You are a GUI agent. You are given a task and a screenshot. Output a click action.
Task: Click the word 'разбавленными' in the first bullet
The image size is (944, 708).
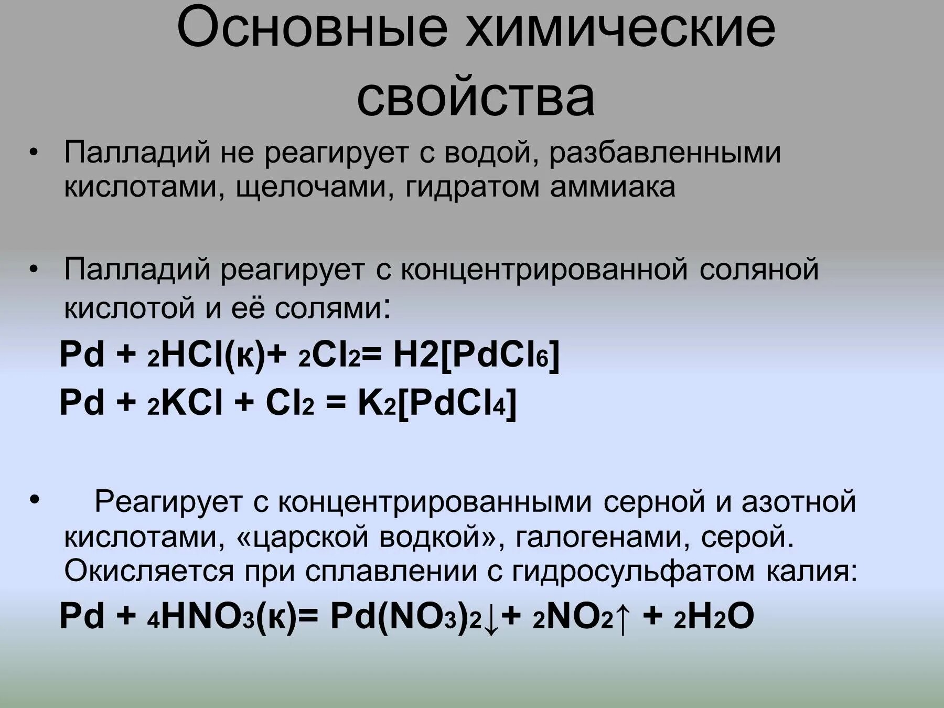665,153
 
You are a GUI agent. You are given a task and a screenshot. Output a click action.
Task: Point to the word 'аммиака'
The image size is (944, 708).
613,187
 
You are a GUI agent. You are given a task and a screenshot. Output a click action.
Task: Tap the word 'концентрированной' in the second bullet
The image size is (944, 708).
544,270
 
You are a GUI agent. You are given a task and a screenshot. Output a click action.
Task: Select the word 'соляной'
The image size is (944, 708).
759,270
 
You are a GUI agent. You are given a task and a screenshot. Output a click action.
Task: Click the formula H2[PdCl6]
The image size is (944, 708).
476,355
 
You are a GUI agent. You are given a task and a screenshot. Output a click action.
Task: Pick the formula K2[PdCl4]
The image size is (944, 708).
437,403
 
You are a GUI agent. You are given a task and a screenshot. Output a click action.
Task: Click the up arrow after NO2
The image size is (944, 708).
623,617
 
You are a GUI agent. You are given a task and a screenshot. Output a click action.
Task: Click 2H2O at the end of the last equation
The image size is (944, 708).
714,616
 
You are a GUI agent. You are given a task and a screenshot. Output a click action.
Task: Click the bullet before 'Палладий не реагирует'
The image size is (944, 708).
34,153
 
